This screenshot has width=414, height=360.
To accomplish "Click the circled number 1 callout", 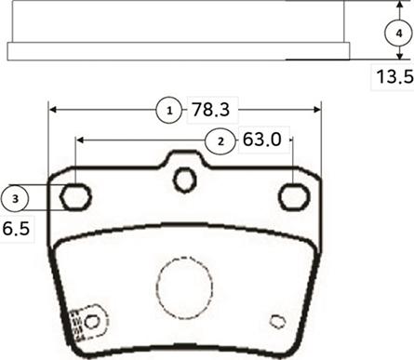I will coord(168,111).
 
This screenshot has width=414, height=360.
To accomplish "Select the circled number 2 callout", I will coord(220,140).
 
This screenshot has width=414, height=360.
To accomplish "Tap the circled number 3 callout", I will coord(14,197).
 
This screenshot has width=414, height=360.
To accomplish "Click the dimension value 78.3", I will coord(209,111).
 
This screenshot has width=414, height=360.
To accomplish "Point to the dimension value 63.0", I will coord(261,140).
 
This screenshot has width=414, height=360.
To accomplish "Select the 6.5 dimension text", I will coord(16,226).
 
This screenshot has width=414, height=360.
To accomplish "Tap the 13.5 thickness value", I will coord(392,78).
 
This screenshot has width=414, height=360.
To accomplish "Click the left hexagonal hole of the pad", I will coord(75,196).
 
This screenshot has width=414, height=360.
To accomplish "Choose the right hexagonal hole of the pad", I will coord(294,196).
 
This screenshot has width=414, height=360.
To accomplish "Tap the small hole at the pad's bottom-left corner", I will coord(91,321).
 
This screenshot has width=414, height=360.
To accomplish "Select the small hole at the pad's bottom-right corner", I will coord(276,322).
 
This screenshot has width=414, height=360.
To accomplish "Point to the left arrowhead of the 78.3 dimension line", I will coord(52,110).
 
